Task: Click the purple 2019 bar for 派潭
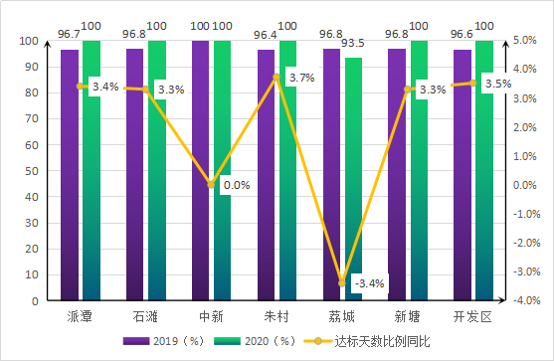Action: click(70, 174)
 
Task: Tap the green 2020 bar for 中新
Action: click(222, 170)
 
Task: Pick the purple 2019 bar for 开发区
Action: click(462, 174)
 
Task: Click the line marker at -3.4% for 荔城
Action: click(342, 283)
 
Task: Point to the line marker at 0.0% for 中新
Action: click(211, 184)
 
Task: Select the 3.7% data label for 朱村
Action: click(300, 78)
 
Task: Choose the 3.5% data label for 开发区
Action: click(497, 85)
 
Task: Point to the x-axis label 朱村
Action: click(277, 316)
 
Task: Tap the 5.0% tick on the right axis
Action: click(526, 41)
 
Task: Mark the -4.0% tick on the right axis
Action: click(526, 300)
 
